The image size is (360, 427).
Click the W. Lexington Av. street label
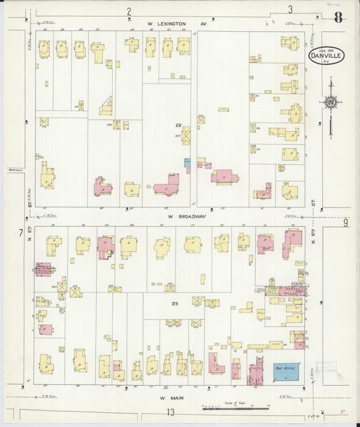[x=178, y=23]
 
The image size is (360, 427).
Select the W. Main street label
[x=172, y=398]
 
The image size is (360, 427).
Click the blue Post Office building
[x=285, y=371]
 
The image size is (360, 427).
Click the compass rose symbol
[x=330, y=102]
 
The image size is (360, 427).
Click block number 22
[x=178, y=126]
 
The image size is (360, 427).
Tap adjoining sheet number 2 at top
[x=128, y=11]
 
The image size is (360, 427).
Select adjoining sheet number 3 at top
[x=290, y=9]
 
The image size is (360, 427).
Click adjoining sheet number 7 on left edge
[x=21, y=234]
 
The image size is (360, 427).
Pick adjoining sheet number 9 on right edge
[x=345, y=223]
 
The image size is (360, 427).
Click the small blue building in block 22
[x=187, y=163]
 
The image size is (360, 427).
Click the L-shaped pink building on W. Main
[x=215, y=364]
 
